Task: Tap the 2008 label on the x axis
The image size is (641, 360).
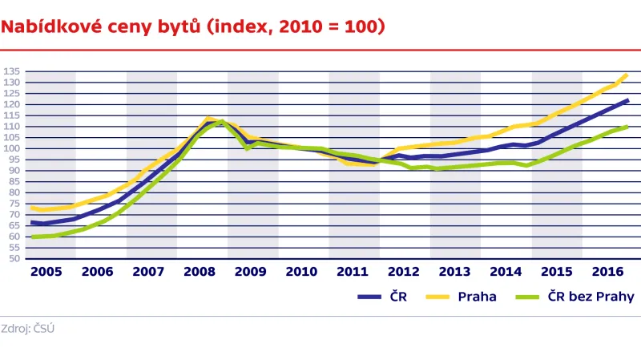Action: point(199,272)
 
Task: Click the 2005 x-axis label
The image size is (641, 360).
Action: point(46,272)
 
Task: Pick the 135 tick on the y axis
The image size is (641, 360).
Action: point(11,71)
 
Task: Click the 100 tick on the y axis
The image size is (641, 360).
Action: point(11,148)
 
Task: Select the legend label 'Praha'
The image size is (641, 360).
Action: point(477,297)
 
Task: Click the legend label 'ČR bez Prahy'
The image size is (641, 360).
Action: point(591,297)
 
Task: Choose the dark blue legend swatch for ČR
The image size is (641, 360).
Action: point(369,297)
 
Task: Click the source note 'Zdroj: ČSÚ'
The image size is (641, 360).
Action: point(28,328)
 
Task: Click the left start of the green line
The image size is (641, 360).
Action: point(32,237)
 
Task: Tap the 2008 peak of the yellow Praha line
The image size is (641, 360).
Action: point(208,119)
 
